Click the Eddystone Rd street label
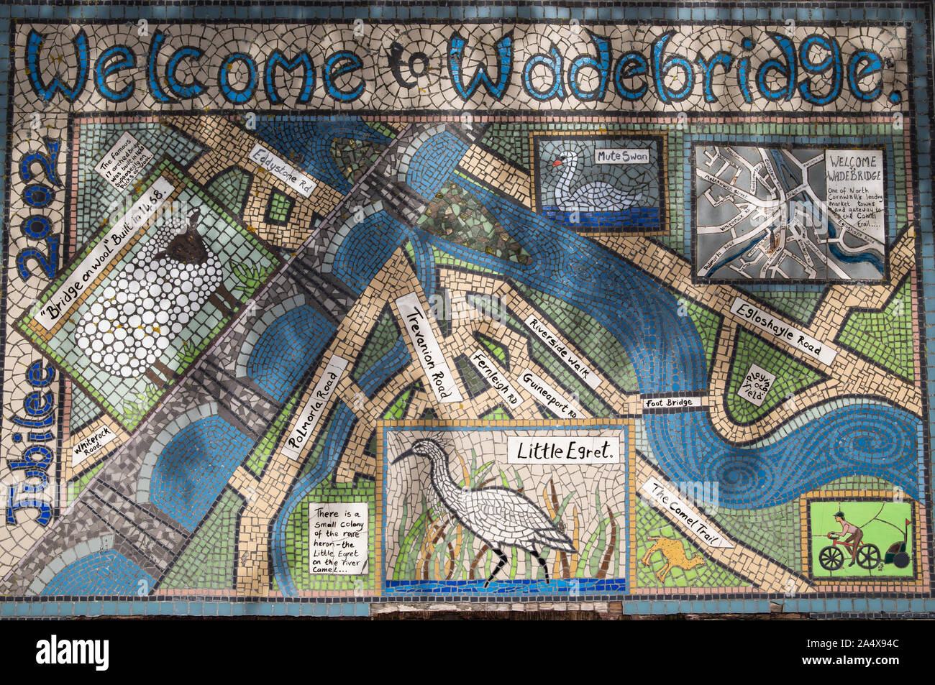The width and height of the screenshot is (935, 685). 283,170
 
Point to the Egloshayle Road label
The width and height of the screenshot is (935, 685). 783,331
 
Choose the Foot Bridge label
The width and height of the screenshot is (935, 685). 669,403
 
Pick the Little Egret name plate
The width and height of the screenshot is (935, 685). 565,451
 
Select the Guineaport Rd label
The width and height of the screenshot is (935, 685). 550,395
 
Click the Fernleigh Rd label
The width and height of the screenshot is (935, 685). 497,380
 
